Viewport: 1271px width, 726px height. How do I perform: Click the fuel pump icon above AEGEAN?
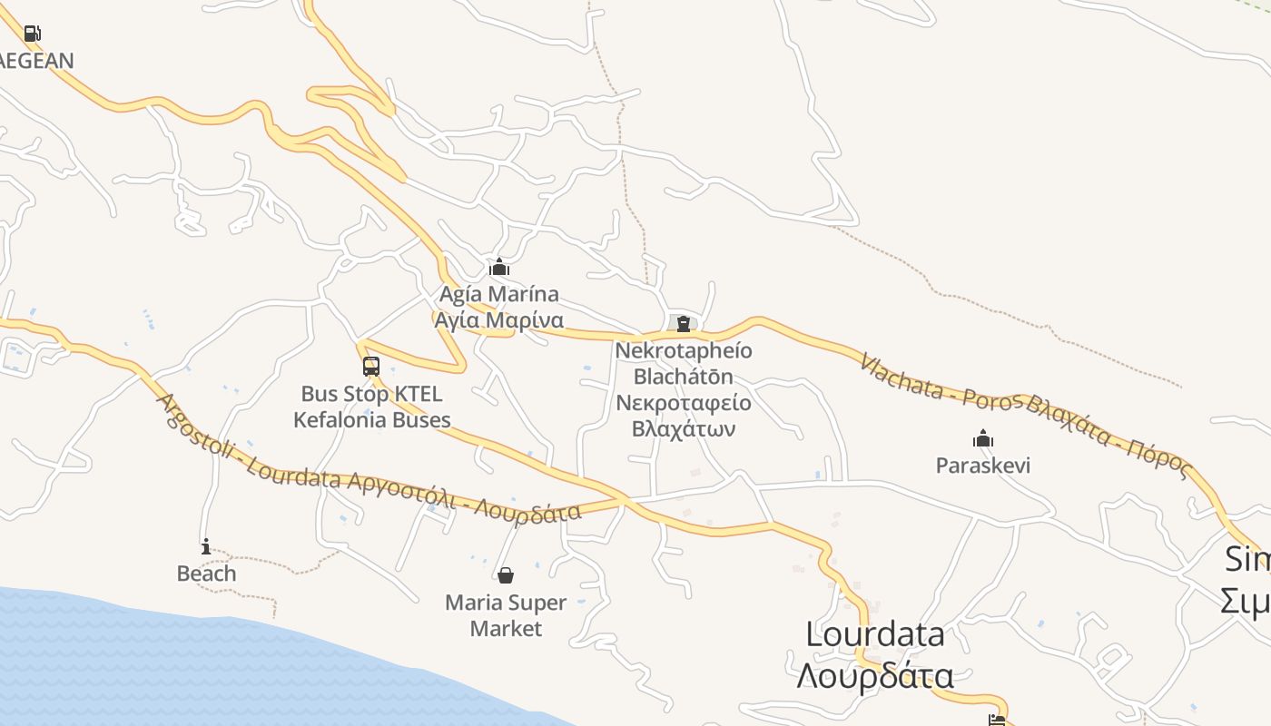[32, 34]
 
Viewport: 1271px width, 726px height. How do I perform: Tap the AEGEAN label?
[36, 61]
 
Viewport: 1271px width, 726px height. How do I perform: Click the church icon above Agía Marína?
[498, 268]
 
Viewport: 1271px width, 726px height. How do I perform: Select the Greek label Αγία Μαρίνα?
[498, 320]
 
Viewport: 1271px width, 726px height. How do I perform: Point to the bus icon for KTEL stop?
[370, 367]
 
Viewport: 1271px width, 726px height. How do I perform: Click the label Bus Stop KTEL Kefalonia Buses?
[371, 407]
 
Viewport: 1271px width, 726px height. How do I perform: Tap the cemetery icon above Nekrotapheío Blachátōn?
[683, 324]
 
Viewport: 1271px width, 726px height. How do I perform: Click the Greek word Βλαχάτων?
[683, 428]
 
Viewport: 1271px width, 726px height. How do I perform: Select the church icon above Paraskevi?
[982, 439]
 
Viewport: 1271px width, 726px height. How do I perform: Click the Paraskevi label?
[983, 466]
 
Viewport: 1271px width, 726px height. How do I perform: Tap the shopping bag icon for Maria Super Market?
[506, 575]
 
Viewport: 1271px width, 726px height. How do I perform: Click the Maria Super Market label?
[506, 615]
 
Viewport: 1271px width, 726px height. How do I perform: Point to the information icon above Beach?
[206, 546]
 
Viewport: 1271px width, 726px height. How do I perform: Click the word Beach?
[206, 574]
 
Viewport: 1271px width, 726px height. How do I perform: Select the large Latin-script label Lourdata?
[875, 634]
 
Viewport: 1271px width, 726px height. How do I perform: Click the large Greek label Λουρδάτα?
[875, 676]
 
